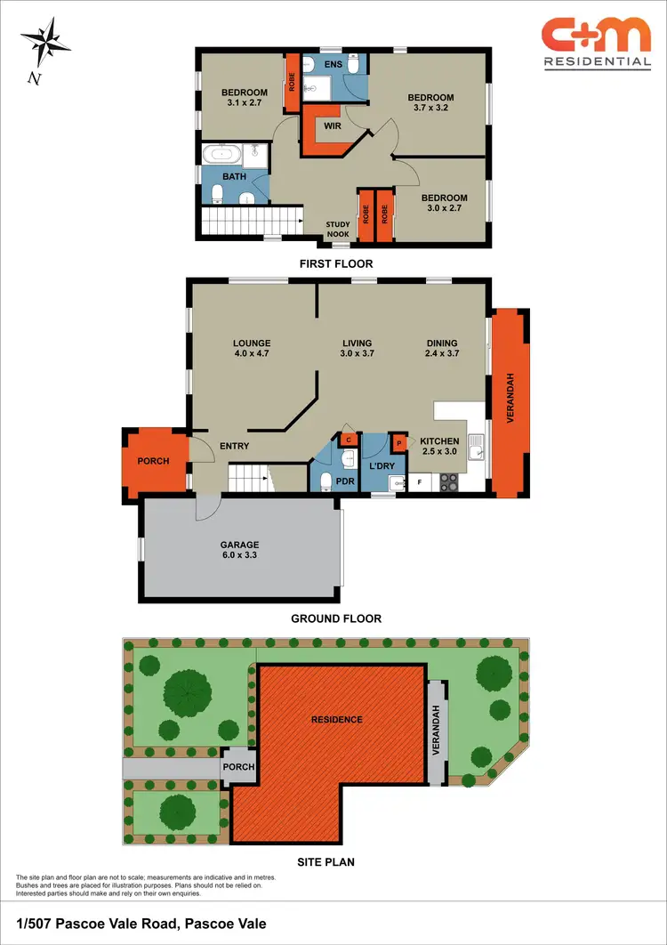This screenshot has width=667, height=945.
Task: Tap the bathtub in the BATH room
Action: point(221,155)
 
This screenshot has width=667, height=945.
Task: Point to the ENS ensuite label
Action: point(333,64)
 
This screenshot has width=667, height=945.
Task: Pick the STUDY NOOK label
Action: point(338,230)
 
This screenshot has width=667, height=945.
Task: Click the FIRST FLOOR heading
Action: point(336,263)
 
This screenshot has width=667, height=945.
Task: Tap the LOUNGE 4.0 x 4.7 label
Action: point(252,349)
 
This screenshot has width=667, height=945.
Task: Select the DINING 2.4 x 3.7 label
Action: point(442,349)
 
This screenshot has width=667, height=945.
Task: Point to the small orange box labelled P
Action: point(399,443)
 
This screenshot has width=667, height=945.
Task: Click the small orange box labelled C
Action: point(349,440)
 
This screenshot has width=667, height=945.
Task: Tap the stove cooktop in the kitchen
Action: point(450,482)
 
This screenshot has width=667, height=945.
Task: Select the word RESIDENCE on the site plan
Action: point(336,719)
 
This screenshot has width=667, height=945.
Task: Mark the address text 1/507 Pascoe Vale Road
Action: point(141,924)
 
